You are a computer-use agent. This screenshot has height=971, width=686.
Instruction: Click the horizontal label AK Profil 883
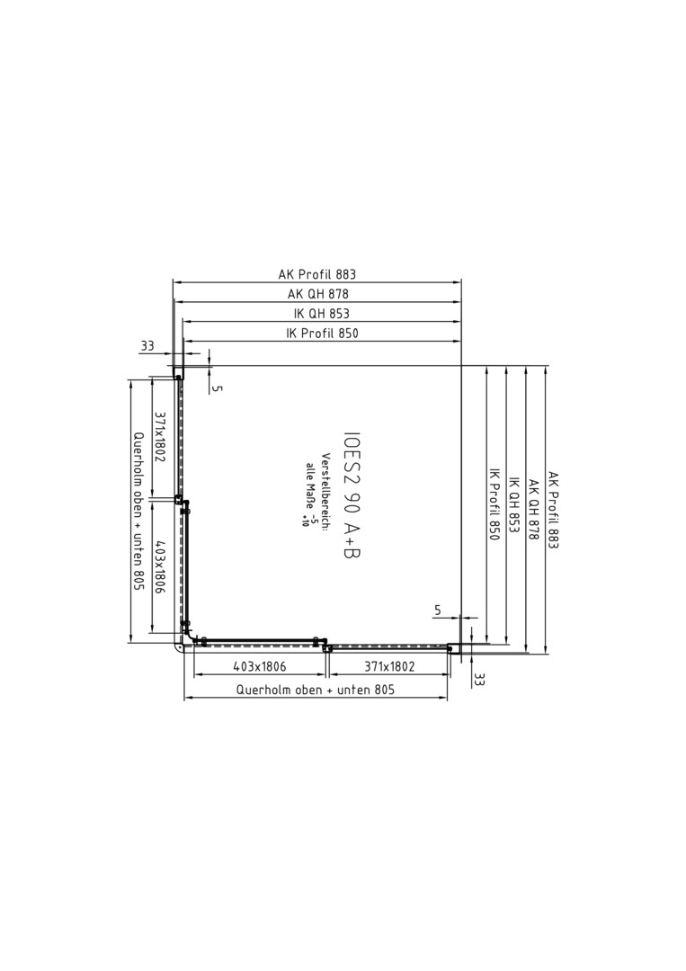point(317,273)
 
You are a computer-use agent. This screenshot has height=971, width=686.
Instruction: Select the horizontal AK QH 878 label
point(318,293)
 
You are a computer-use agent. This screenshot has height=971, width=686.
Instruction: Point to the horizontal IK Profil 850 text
point(322,334)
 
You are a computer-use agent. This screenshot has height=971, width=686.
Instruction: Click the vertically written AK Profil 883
point(553,511)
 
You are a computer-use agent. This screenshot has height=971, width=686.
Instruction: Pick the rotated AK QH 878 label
point(533,509)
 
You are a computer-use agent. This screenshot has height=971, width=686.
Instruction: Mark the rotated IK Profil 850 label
point(494,503)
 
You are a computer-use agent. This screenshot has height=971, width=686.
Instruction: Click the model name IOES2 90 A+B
point(352,494)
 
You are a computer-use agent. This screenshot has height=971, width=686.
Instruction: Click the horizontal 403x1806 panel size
point(260,667)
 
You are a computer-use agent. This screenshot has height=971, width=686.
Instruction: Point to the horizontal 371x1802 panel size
point(389,667)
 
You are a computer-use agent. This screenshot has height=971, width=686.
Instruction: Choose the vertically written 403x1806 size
point(159,568)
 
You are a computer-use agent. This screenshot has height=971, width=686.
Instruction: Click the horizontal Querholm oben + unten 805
point(316,690)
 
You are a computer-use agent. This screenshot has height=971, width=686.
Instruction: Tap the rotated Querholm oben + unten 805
point(138,512)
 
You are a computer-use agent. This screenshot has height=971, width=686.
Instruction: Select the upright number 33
point(147,345)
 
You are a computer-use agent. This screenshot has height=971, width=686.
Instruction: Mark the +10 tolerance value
point(305,521)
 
